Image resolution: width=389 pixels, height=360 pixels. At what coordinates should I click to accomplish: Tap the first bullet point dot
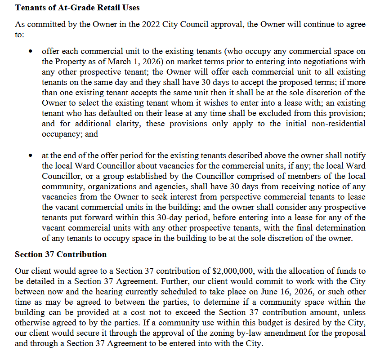pos(30,51)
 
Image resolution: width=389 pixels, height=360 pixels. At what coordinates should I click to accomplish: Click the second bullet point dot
pos(30,155)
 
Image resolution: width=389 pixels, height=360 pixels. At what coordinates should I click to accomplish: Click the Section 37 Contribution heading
pos(61,255)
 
